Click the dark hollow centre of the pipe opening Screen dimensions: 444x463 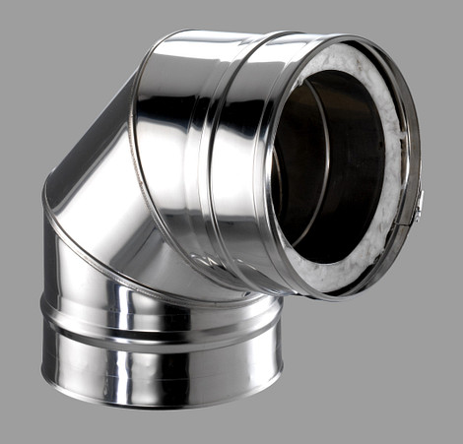[x=330, y=167]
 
